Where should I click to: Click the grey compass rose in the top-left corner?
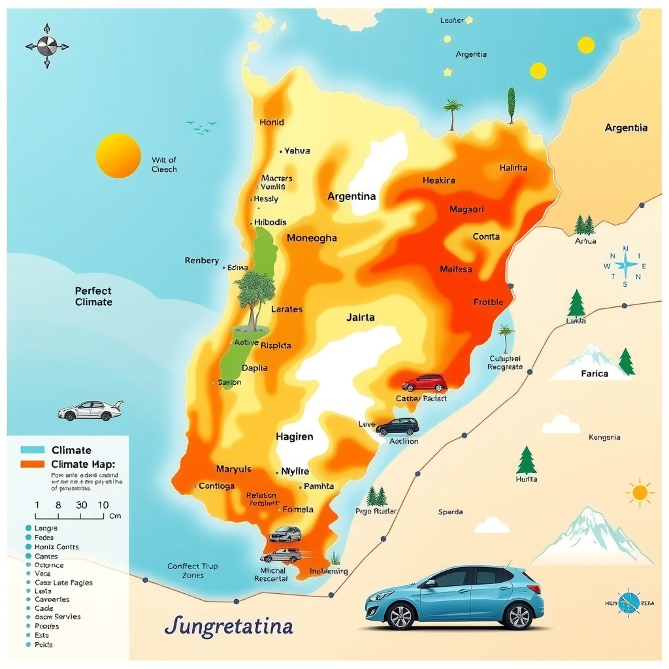tap(47, 46)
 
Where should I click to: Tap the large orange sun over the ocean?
tap(118, 155)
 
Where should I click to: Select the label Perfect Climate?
tap(93, 297)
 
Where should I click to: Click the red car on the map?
tap(424, 383)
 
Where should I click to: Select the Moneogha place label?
tap(312, 238)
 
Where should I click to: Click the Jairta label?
tap(361, 318)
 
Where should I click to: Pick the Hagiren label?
tap(294, 436)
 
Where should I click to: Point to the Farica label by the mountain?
tap(595, 374)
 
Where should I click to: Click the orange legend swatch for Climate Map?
tap(32, 464)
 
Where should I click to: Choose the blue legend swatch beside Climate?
tap(32, 450)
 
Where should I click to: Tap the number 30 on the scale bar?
tap(82, 505)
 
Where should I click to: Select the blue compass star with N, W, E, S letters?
tap(626, 265)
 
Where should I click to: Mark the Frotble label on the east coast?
tap(488, 302)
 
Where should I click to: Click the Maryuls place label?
tap(233, 469)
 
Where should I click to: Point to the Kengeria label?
tap(604, 437)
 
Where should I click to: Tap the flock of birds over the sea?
tap(201, 127)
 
